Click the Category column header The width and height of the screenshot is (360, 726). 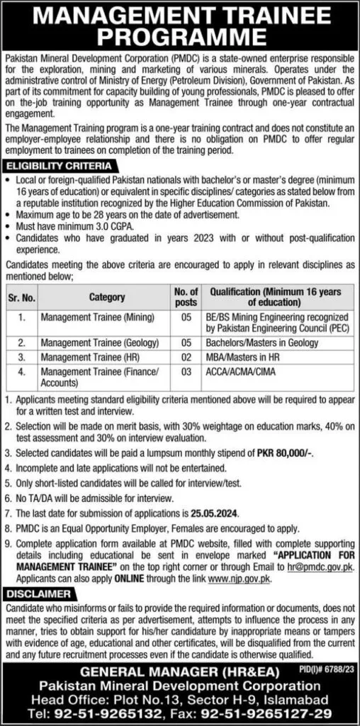[x=107, y=297]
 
